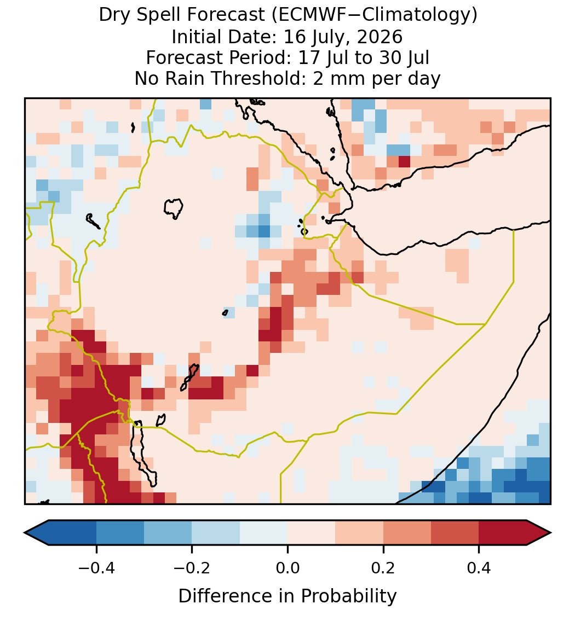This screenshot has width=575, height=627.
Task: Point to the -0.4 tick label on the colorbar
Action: click(96, 567)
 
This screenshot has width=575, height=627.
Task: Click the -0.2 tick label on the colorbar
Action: click(192, 567)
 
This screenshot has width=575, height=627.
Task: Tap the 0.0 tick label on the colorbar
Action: click(287, 567)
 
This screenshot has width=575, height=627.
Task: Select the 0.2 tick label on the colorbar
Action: click(383, 567)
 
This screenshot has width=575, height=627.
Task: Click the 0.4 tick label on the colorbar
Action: click(479, 567)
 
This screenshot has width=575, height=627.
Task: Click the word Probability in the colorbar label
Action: click(348, 596)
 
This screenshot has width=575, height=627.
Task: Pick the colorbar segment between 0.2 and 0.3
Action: click(407, 533)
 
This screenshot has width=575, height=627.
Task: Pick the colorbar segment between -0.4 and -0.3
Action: click(120, 533)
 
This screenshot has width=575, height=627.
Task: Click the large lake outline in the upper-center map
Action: click(174, 208)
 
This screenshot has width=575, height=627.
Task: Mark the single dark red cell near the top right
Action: click(405, 161)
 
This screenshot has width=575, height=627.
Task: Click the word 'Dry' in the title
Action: click(112, 15)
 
